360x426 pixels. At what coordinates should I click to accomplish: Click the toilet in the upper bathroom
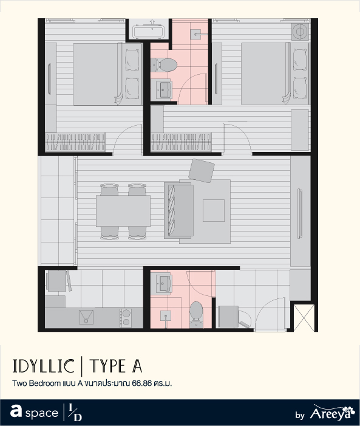pos(164,65)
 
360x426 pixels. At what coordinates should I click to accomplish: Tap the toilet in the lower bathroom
pos(196,314)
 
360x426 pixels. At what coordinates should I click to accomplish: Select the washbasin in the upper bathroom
pos(161,89)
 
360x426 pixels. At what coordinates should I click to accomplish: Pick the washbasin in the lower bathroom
pos(161,284)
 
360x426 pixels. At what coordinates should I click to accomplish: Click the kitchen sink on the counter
pos(86,317)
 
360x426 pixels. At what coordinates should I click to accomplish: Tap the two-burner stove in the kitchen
pos(126,318)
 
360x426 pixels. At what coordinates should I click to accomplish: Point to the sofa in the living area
pos(178,210)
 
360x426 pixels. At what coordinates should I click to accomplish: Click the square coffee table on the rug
pos(214,210)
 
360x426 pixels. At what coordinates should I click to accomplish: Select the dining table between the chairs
pos(123,211)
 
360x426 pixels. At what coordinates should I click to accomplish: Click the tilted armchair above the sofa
pos(202,171)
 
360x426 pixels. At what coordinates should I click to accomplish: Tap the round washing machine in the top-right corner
pos(300,32)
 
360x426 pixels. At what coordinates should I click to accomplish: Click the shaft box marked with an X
pos(304,318)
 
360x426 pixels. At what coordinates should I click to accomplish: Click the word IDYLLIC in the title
pos(43,366)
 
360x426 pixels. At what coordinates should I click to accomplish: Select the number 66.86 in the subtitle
pos(141,383)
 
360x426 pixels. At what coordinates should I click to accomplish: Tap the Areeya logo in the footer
pos(332,413)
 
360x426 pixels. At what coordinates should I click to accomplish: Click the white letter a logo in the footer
pos(16,411)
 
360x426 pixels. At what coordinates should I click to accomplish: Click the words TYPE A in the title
pos(116,366)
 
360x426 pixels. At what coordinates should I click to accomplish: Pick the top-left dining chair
pos(109,190)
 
